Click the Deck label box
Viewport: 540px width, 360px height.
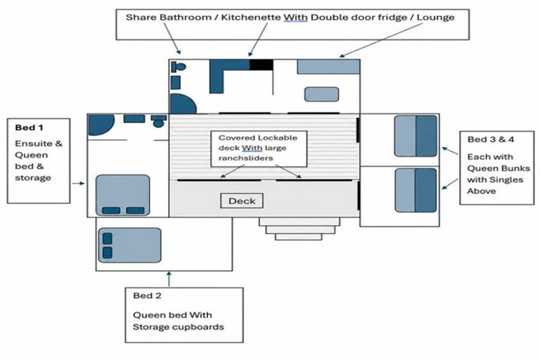tap(242, 201)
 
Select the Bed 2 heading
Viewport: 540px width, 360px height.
tap(147, 295)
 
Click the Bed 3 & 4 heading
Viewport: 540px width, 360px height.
tap(490, 139)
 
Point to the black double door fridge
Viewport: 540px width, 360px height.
tap(262, 65)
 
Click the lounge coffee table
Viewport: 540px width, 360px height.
tap(321, 94)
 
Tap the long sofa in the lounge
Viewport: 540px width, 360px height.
tap(328, 67)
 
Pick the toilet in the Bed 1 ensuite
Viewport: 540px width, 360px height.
tap(158, 121)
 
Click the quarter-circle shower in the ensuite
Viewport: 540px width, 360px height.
tap(100, 124)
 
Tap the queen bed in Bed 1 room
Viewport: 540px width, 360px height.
tap(122, 195)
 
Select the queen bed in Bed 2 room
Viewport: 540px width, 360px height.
tap(129, 245)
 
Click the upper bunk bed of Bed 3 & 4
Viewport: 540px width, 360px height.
tap(416, 136)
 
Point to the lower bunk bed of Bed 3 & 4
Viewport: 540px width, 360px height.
tap(416, 190)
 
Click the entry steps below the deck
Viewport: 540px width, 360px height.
tap(300, 229)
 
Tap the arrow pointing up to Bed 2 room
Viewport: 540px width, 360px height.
tap(169, 278)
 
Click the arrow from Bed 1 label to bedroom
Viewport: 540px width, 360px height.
tap(78, 184)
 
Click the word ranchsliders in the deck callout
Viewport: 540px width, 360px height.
tap(245, 158)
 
